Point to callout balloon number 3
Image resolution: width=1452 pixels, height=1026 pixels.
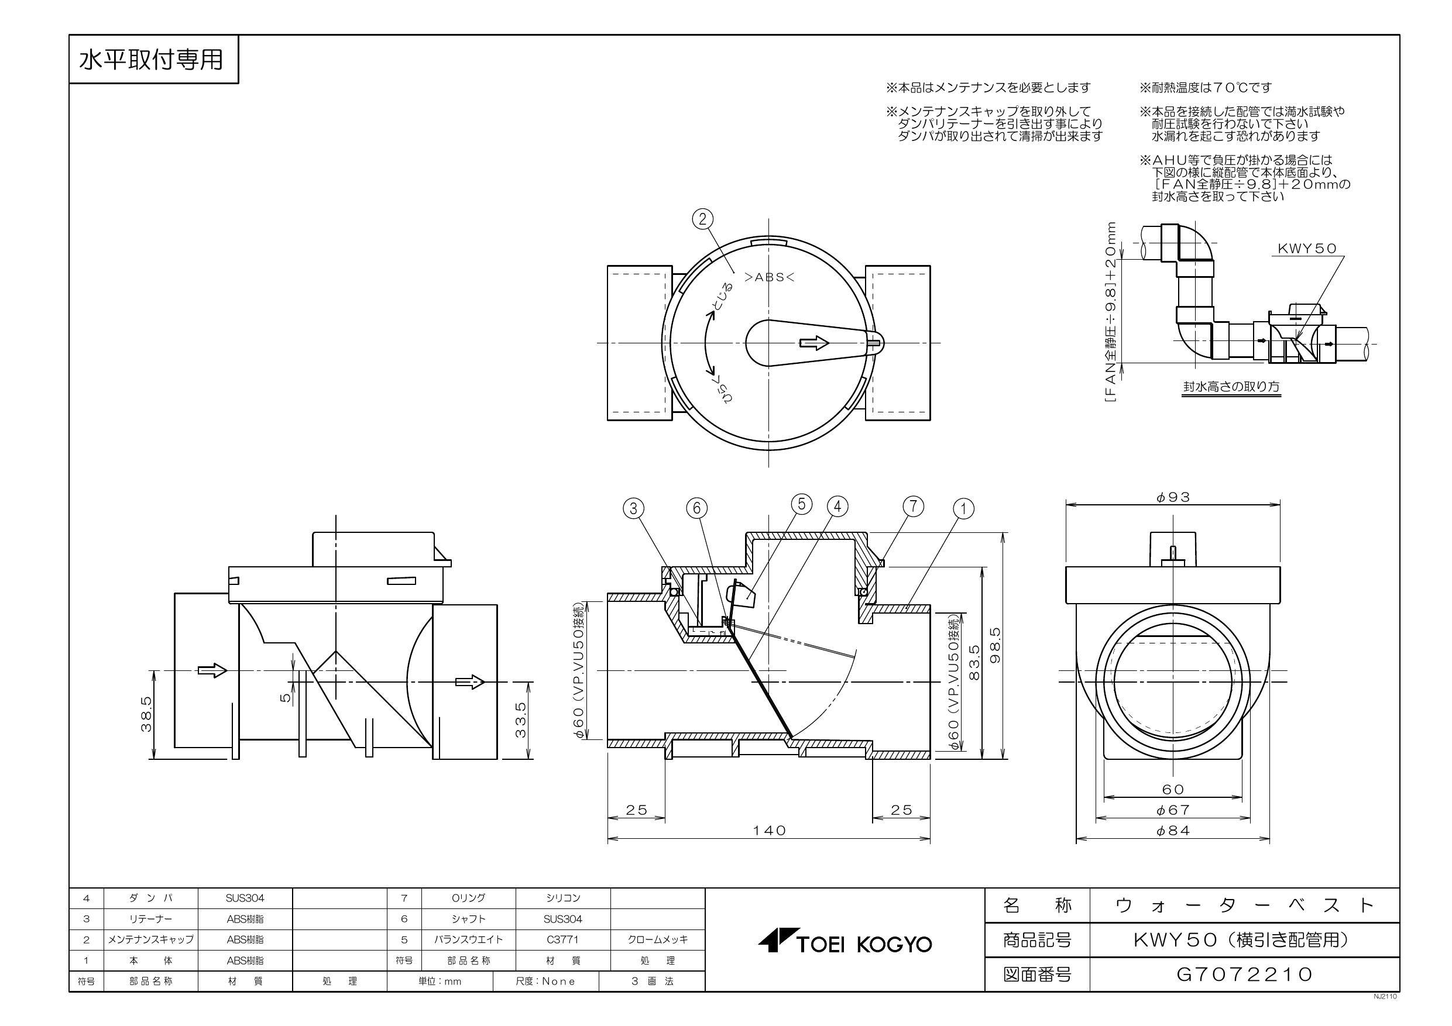pyautogui.click(x=634, y=508)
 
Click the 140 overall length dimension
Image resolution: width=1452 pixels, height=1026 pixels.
pyautogui.click(x=769, y=831)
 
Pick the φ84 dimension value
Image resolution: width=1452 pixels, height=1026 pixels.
pyautogui.click(x=1173, y=831)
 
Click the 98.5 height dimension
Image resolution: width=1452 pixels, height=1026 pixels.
pyautogui.click(x=996, y=645)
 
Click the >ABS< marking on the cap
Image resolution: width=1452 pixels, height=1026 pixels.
pyautogui.click(x=769, y=276)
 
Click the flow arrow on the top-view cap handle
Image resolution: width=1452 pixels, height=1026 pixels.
pyautogui.click(x=815, y=343)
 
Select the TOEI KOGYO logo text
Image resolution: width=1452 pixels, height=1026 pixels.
pyautogui.click(x=846, y=945)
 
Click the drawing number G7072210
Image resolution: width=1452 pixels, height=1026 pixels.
pyautogui.click(x=1244, y=974)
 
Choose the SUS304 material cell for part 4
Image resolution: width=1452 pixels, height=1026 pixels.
pyautogui.click(x=245, y=898)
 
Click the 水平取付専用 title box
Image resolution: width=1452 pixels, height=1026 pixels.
pyautogui.click(x=152, y=60)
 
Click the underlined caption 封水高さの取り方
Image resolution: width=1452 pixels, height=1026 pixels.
pyautogui.click(x=1232, y=386)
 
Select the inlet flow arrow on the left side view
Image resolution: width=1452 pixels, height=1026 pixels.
pyautogui.click(x=212, y=671)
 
